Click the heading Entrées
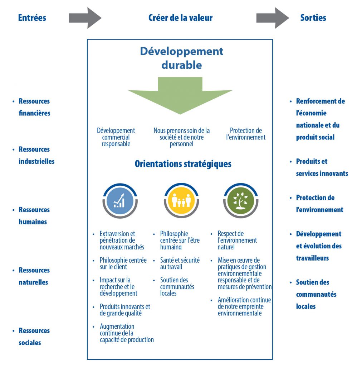point(32,18)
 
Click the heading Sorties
point(313,18)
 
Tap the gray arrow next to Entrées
point(85,18)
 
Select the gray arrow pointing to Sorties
point(273,18)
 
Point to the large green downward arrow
point(180,95)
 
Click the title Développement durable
point(181,58)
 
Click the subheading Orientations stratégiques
point(183,164)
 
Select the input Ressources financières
point(34,107)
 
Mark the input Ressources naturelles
point(34,276)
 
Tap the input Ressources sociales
point(34,337)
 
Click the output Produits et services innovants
point(322,167)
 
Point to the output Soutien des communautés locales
point(316,294)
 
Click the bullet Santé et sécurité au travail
point(180,263)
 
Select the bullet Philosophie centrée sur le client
point(123,263)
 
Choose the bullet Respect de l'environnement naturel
point(237,240)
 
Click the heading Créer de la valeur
point(180,18)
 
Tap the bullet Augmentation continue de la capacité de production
point(126,333)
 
